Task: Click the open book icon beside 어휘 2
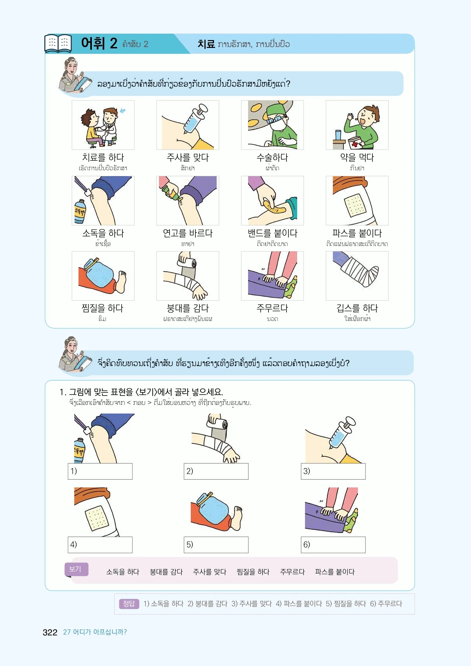click(x=58, y=44)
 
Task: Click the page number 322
click(x=50, y=632)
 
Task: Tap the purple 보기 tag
click(x=77, y=569)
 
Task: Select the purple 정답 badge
click(x=129, y=604)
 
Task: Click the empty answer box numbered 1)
click(x=100, y=471)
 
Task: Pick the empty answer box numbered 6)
click(x=333, y=545)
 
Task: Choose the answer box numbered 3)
click(x=333, y=471)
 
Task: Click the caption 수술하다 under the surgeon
click(x=272, y=158)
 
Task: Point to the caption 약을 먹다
click(x=357, y=158)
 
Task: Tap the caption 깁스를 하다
click(x=357, y=308)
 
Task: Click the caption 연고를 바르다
click(x=188, y=233)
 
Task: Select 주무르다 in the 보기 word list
click(x=292, y=572)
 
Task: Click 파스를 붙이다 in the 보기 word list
click(x=335, y=572)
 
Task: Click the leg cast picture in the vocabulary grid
click(x=357, y=276)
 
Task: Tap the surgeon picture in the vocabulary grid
click(x=272, y=125)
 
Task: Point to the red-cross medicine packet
click(x=355, y=143)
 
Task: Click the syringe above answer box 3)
click(x=341, y=432)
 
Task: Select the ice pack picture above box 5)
click(x=217, y=511)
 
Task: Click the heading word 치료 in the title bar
click(x=206, y=44)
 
